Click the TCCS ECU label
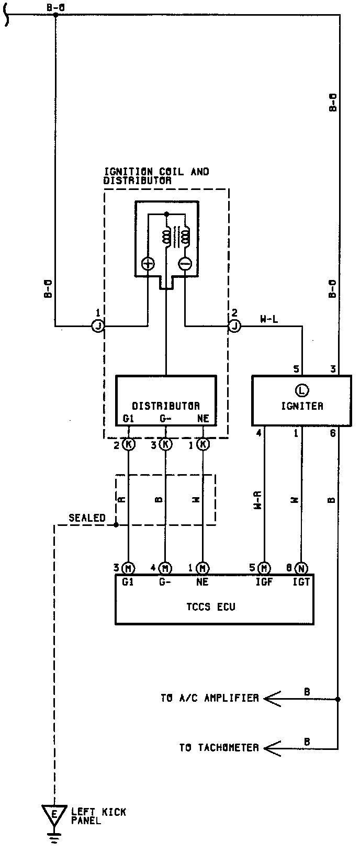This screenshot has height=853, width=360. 210,607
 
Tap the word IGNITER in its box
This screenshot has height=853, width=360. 301,406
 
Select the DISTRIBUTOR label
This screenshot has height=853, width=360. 165,406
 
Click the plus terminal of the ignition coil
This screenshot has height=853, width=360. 148,264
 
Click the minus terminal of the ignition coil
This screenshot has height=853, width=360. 185,264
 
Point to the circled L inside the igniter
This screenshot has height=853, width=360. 301,390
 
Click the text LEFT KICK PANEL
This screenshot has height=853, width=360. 98,816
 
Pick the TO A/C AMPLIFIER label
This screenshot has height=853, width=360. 209,698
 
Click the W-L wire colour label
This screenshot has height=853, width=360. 268,319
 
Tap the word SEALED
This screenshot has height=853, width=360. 87,518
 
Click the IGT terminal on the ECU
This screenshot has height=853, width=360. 301,582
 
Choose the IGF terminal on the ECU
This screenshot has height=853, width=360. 265,582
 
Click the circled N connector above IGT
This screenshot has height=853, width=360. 301,568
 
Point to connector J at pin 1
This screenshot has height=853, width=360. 98,326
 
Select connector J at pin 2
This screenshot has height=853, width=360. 234,326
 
